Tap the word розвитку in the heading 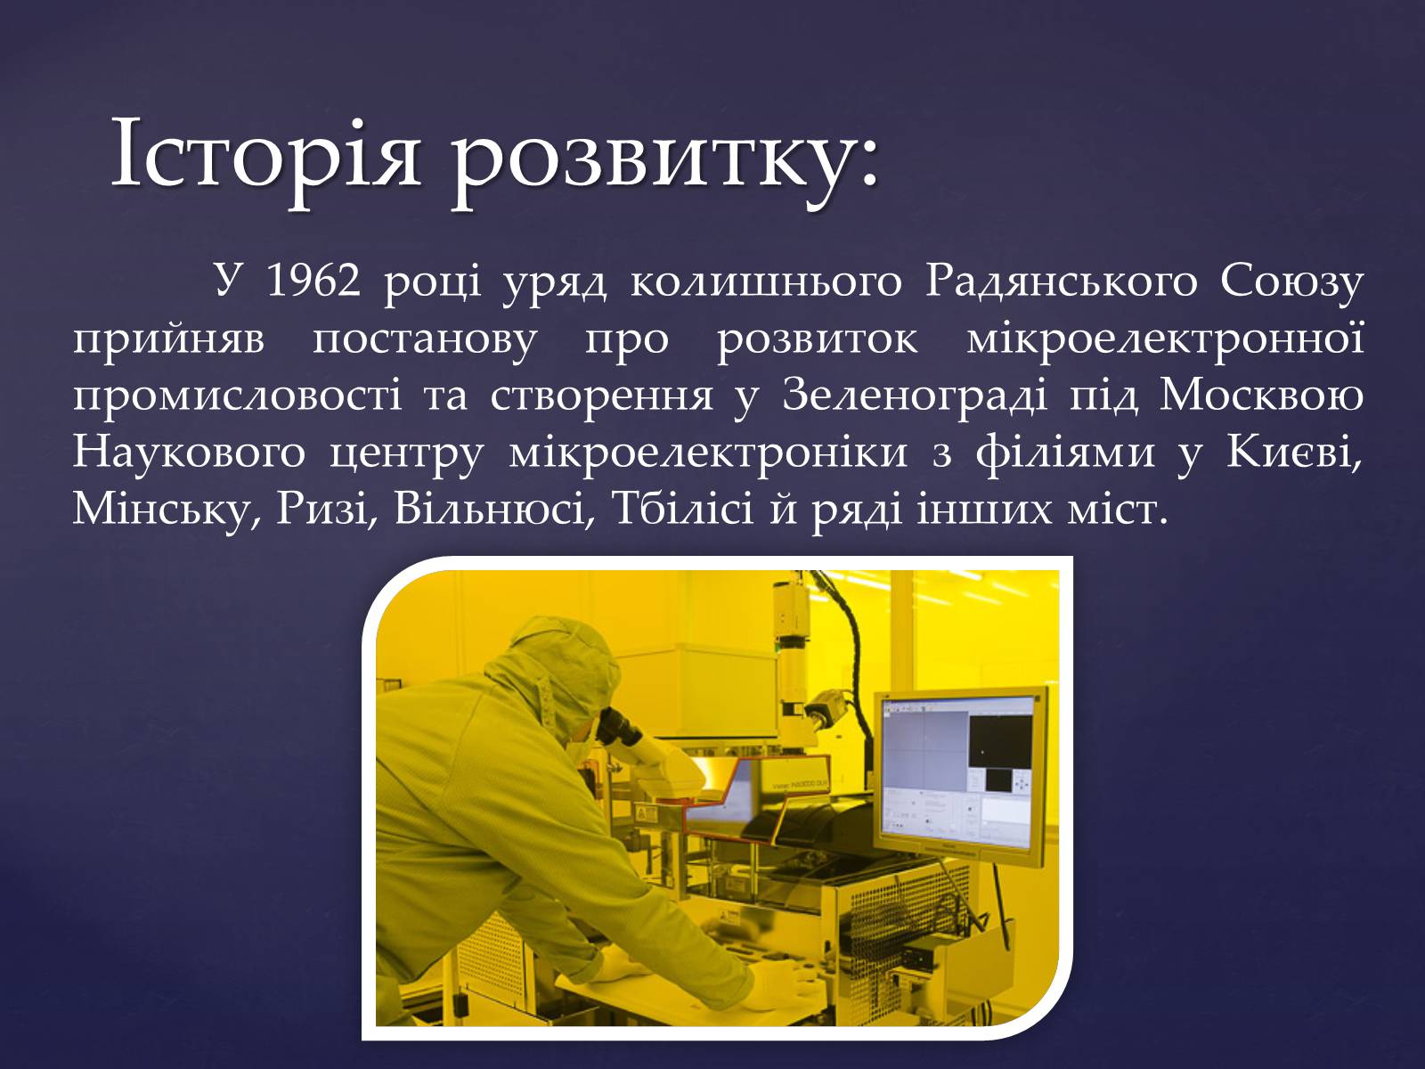pos(650,166)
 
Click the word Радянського pos(1062,283)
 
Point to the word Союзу pos(1291,283)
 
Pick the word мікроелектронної pos(1165,339)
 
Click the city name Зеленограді pos(915,396)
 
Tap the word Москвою pos(1261,396)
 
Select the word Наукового pos(189,453)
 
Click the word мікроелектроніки pos(708,453)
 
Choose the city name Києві pos(1294,453)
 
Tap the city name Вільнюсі pos(493,509)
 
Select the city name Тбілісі pos(681,509)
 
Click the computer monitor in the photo pos(960,776)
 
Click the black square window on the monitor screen pos(1000,741)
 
